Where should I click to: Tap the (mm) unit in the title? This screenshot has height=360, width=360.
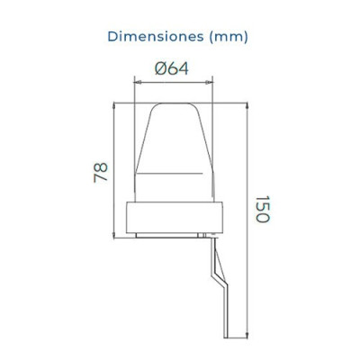coord(229,37)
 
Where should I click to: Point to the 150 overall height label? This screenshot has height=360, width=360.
coord(261,212)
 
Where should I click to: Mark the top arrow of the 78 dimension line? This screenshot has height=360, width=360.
coord(112,102)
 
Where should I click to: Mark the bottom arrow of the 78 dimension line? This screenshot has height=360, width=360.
coord(112,232)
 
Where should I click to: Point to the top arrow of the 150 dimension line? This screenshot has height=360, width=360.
coord(245,102)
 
